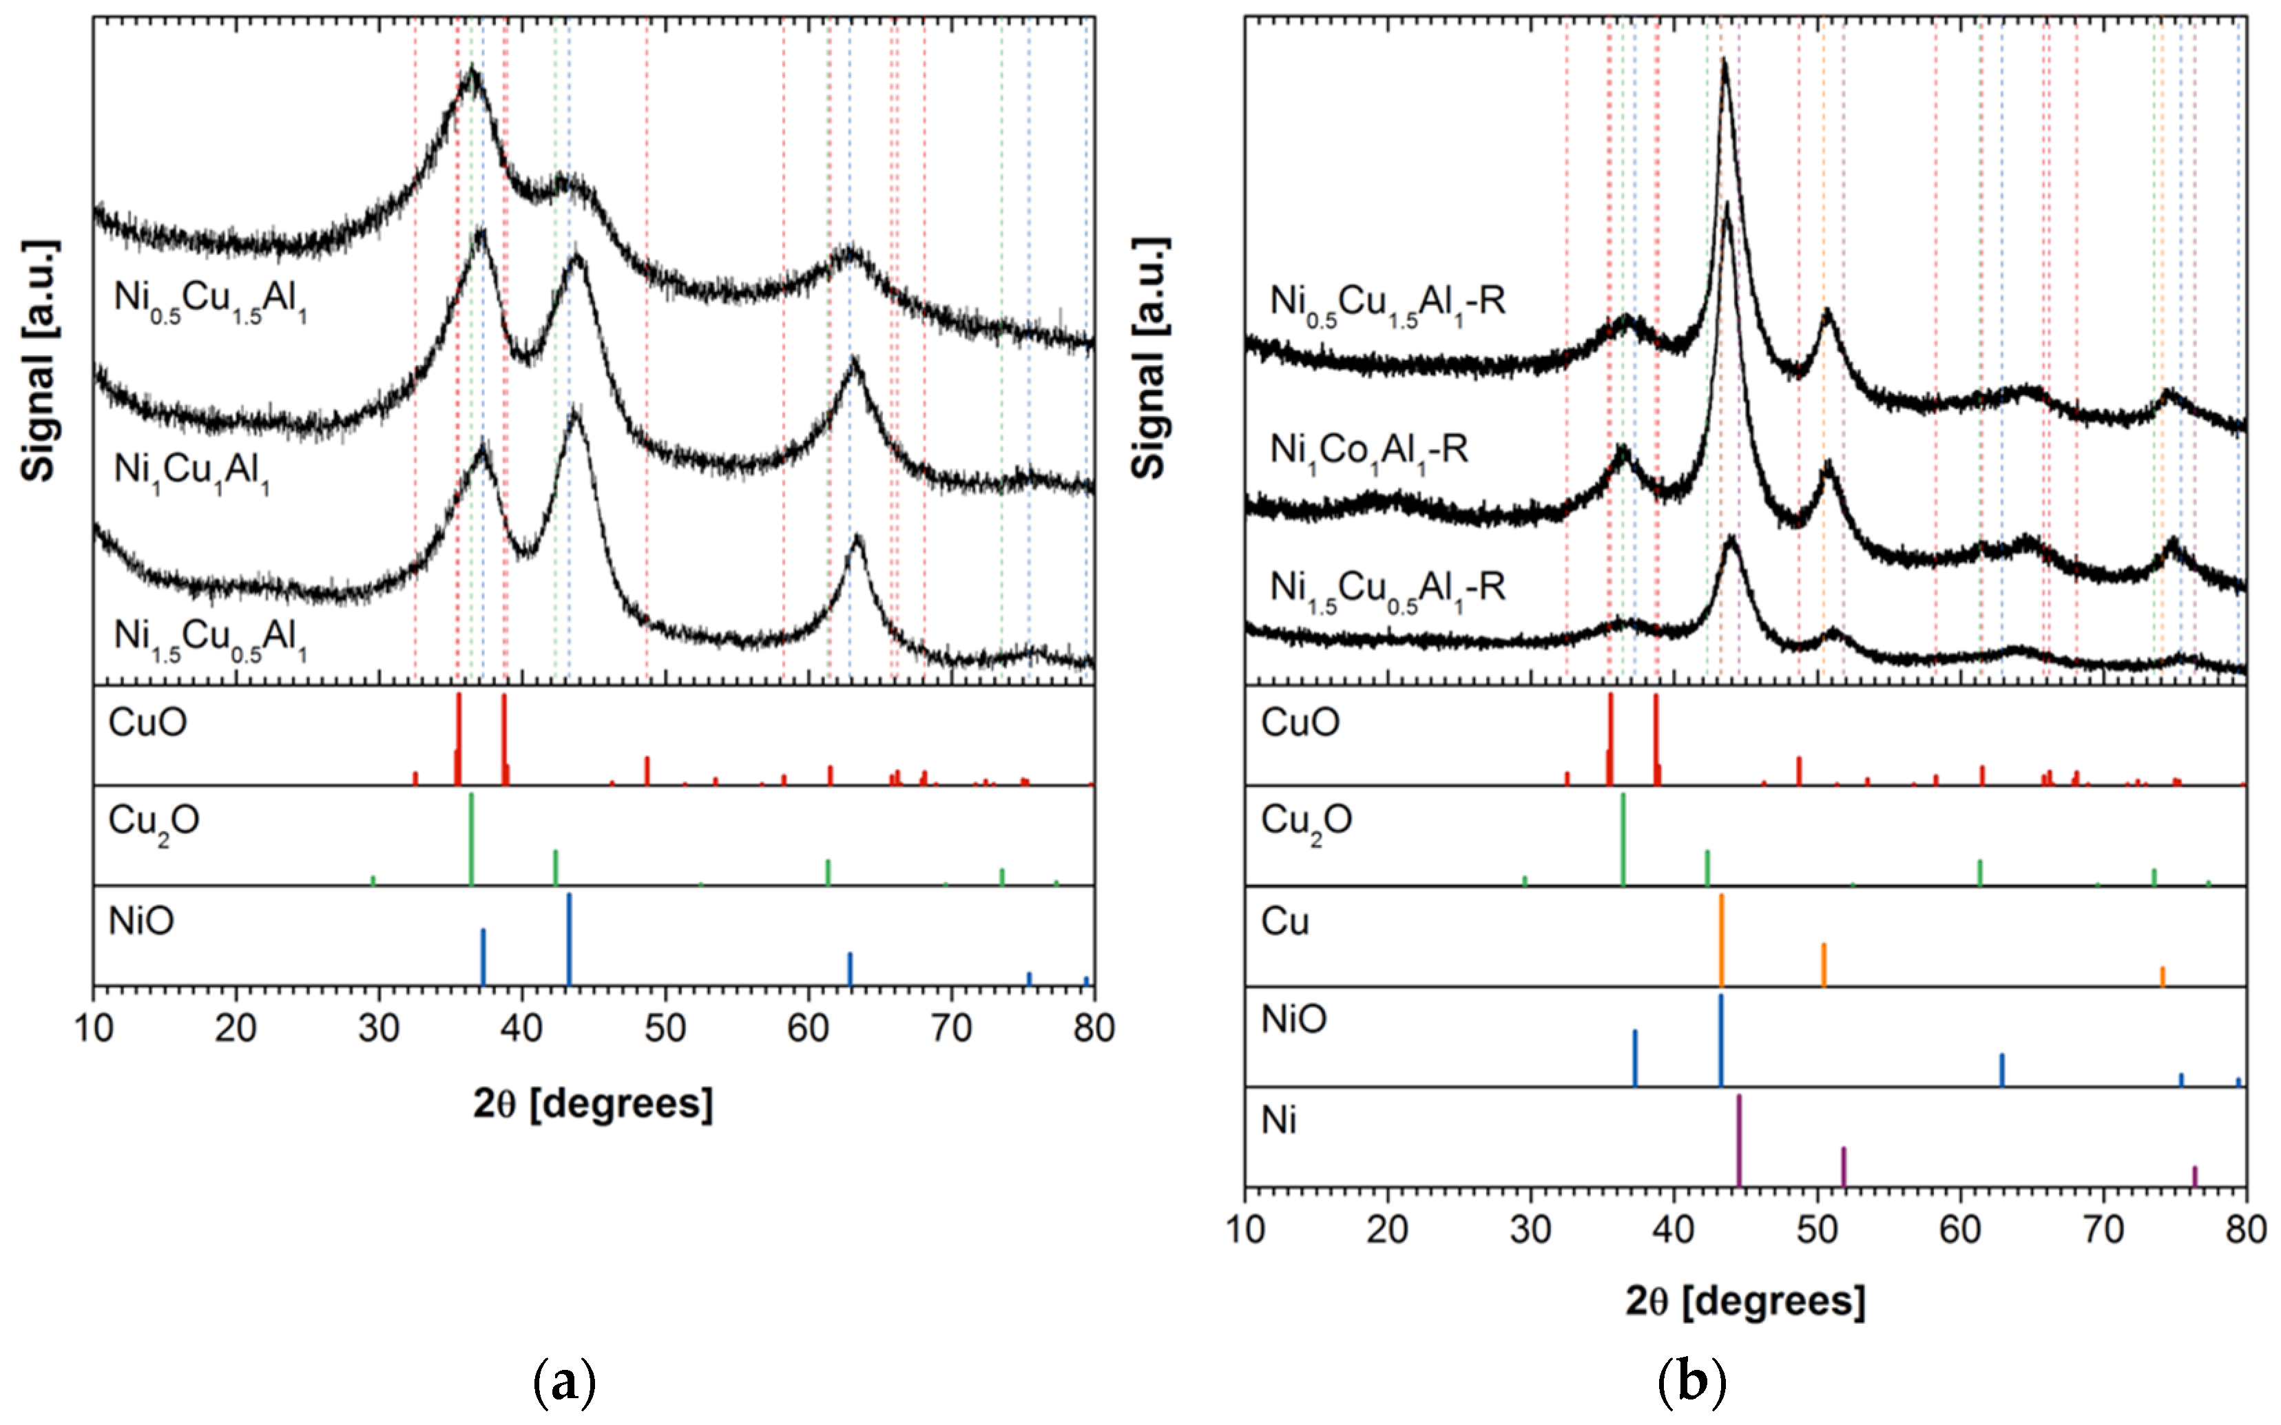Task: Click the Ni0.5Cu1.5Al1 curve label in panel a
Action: tap(210, 300)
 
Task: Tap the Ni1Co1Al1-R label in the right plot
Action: tap(1368, 451)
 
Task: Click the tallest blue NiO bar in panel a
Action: tap(569, 938)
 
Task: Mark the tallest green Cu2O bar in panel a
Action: tap(471, 839)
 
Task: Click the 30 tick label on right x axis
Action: tap(1530, 1230)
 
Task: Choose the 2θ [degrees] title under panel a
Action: tap(592, 1103)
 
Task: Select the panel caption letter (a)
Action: tap(564, 1382)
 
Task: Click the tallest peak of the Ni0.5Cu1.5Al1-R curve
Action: tap(1724, 64)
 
